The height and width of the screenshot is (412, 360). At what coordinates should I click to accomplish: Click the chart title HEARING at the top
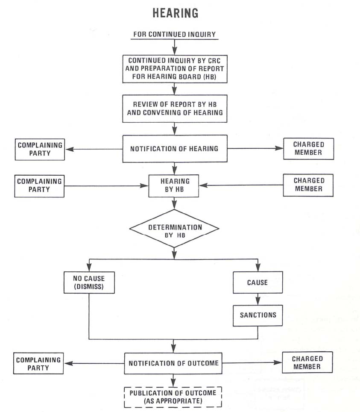click(175, 13)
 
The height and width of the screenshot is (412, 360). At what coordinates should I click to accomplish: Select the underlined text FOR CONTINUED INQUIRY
click(175, 34)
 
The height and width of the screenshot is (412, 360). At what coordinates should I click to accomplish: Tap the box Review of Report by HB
click(174, 109)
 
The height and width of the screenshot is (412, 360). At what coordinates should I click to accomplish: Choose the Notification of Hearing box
click(174, 149)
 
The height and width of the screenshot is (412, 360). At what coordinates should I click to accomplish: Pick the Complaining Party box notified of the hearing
click(40, 149)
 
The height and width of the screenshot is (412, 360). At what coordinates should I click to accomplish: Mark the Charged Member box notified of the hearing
click(308, 148)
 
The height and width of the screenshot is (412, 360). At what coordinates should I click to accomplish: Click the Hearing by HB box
click(173, 185)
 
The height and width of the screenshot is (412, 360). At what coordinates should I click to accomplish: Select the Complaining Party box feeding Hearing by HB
click(39, 185)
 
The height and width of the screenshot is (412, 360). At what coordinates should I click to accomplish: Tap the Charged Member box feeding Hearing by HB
click(308, 185)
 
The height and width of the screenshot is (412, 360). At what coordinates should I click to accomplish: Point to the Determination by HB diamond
click(174, 228)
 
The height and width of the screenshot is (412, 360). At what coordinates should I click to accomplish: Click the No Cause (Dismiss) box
click(89, 283)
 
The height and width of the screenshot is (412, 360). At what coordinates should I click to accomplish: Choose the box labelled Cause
click(258, 283)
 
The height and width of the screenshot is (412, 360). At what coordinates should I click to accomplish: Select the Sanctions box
click(258, 315)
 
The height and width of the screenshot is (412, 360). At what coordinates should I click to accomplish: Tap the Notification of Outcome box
click(173, 363)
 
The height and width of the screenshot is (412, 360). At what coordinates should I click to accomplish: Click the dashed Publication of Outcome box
click(173, 396)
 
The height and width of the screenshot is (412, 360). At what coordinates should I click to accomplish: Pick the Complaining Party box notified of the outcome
click(38, 363)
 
